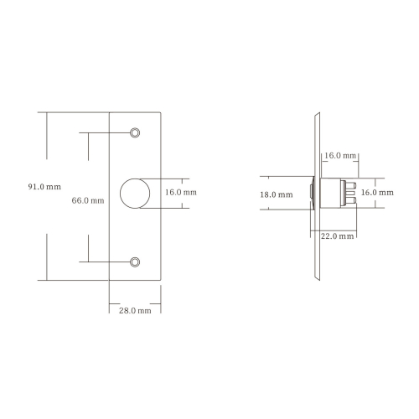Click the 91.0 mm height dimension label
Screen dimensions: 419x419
point(44,187)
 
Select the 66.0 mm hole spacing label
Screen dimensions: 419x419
point(88,200)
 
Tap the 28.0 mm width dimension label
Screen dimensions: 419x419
point(135,311)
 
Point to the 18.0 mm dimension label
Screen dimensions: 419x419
point(277,194)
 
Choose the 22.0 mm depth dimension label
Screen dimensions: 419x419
point(337,236)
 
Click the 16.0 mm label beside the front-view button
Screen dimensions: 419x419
point(181,192)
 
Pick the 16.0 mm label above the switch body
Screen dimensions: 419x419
point(340,156)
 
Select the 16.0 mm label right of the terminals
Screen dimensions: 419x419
point(377,193)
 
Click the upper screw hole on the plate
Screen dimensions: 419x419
point(135,132)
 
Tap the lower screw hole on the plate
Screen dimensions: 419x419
point(135,262)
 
